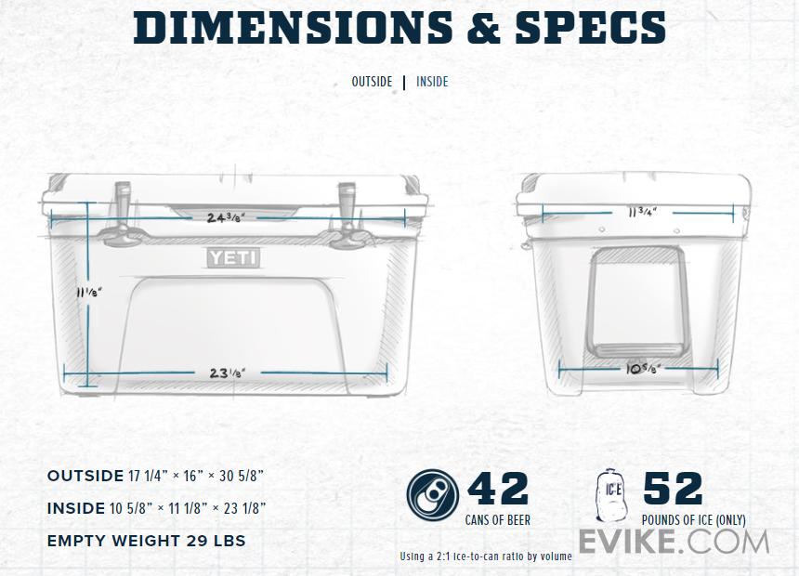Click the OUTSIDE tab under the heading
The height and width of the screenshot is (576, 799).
372,82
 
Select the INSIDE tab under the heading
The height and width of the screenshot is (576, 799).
432,82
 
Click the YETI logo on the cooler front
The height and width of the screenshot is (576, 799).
233,258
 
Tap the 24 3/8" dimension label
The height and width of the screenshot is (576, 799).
226,217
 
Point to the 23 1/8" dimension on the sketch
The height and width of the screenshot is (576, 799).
228,373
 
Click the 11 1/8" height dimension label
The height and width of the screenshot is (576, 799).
89,292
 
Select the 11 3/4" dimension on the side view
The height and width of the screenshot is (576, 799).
642,212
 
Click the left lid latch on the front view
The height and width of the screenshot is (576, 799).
122,214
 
